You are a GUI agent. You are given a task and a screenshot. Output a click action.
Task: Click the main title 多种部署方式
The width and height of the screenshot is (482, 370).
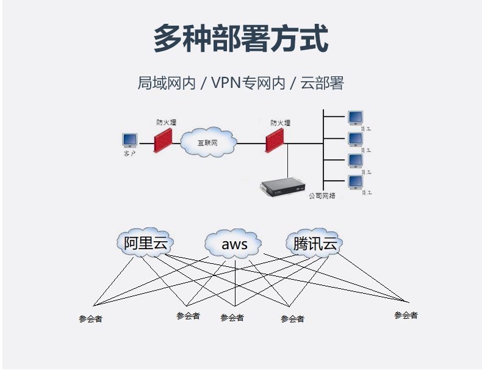[x=240, y=38]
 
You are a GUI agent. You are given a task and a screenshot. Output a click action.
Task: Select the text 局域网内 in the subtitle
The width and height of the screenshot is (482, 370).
[x=166, y=84]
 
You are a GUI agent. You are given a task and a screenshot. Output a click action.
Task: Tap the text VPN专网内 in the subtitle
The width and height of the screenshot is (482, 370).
[x=248, y=84]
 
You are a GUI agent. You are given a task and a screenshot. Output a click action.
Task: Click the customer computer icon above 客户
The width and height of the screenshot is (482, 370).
[x=129, y=140]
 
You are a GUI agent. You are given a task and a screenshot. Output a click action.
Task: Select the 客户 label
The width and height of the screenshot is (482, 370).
[x=129, y=154]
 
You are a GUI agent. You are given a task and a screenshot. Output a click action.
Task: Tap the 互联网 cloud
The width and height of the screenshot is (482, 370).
[x=207, y=142]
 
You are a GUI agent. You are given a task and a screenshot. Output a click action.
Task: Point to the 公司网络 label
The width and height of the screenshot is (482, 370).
[x=322, y=196]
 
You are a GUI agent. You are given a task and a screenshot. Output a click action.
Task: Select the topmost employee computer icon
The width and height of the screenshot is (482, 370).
[x=355, y=117]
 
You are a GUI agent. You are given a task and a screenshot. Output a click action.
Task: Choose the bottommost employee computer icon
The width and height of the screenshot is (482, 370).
[x=355, y=182]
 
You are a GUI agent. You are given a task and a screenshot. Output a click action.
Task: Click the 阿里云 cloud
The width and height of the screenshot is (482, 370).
[x=145, y=244]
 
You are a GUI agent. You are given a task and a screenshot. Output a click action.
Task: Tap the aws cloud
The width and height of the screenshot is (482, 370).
[x=234, y=245]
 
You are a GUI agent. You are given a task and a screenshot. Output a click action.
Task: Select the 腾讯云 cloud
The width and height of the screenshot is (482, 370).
[x=315, y=244]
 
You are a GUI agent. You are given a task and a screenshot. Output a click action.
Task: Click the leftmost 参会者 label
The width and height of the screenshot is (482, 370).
[x=90, y=319]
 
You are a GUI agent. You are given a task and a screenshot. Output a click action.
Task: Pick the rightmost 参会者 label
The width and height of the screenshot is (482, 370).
[x=406, y=315]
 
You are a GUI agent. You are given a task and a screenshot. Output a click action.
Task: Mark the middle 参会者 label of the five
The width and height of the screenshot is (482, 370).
[x=232, y=317]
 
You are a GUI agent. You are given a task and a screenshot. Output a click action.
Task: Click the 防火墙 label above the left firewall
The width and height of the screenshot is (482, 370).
[x=166, y=122]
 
